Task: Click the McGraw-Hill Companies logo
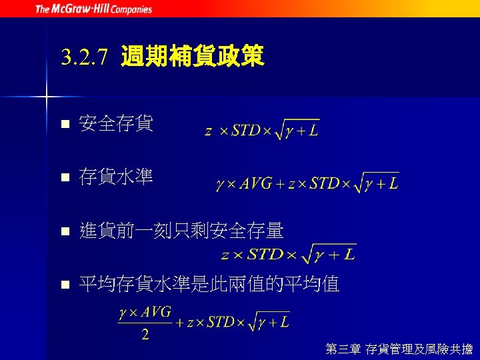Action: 93,9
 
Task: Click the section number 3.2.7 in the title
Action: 83,59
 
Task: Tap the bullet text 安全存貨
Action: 116,123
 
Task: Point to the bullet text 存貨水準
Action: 116,177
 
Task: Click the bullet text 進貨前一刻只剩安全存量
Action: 181,231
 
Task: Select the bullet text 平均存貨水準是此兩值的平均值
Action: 209,285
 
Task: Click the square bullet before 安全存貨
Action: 63,125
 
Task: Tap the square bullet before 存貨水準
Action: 63,178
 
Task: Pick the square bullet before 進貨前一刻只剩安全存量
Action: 63,232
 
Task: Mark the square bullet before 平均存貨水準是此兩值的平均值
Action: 63,286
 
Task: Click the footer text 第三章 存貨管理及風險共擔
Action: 399,348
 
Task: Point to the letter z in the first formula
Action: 209,131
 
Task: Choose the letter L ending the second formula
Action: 393,183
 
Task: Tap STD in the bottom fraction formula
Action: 221,323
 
